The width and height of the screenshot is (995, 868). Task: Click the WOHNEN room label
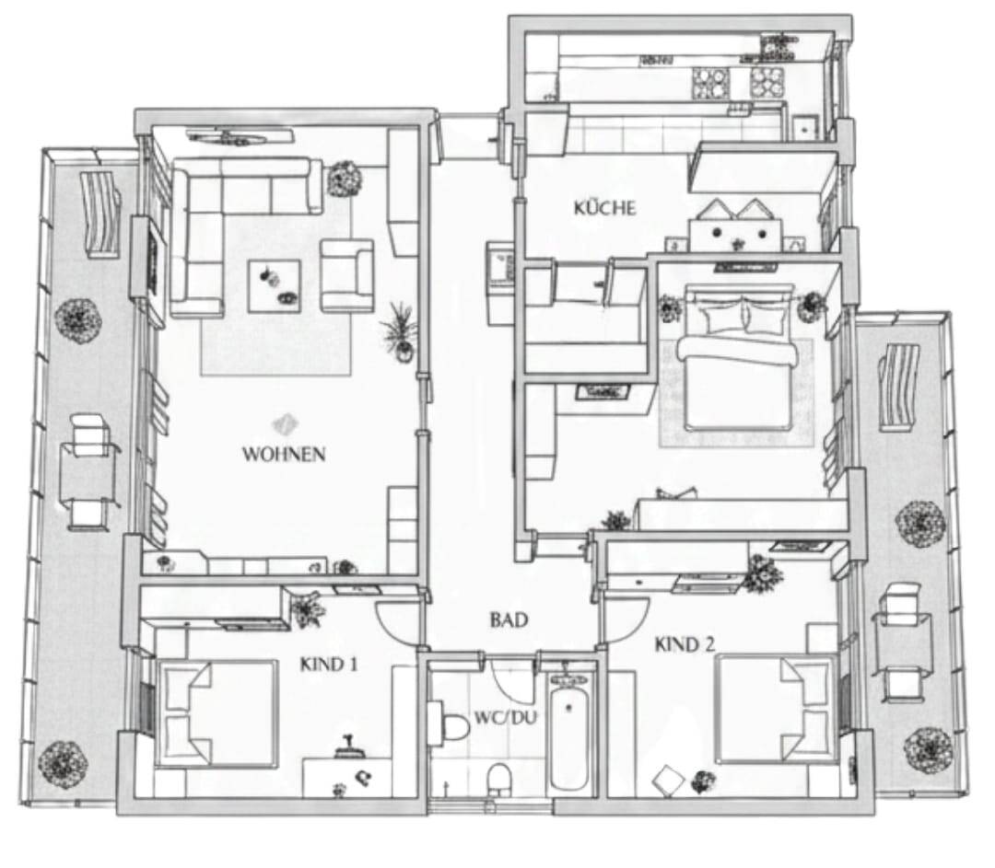point(284,454)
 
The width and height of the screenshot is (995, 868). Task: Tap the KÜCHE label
point(604,208)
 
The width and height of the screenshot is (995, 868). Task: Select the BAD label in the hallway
point(509,619)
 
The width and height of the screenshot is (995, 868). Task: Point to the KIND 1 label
point(329,665)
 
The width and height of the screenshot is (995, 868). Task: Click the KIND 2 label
point(685,645)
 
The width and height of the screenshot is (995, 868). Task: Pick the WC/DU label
point(506,718)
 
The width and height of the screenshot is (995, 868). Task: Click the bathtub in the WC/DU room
point(569,735)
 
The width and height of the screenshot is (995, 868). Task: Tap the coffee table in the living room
point(275,286)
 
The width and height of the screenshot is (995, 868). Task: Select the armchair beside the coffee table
point(346,275)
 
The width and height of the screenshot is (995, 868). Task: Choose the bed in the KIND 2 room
point(776,710)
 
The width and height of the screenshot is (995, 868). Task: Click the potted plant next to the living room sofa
point(345,179)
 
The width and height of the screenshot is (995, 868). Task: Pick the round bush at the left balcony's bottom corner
point(63,765)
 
